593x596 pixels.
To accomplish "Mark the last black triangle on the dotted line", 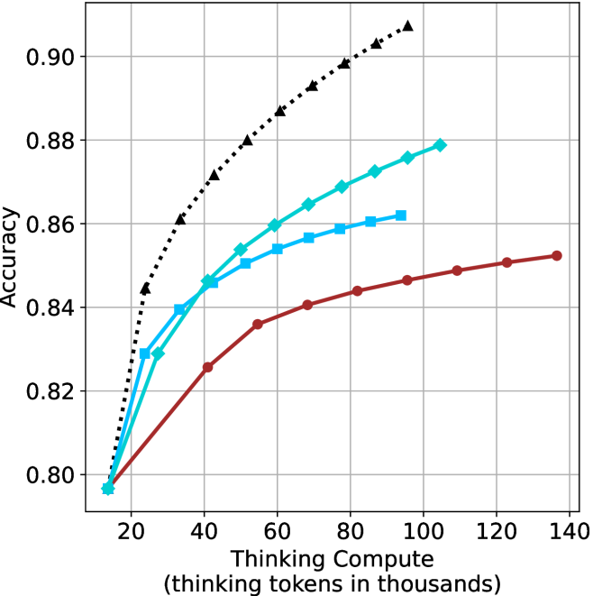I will [408, 26].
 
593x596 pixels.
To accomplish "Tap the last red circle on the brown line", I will [557, 256].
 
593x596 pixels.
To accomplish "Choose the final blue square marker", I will [401, 215].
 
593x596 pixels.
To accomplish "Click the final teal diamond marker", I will [441, 145].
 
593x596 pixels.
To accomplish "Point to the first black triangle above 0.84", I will [145, 289].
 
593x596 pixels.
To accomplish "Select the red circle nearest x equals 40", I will [208, 367].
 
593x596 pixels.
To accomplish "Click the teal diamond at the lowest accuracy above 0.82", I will [159, 353].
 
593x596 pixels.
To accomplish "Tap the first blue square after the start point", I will [145, 353].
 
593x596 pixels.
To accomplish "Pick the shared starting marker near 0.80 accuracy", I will [108, 489].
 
